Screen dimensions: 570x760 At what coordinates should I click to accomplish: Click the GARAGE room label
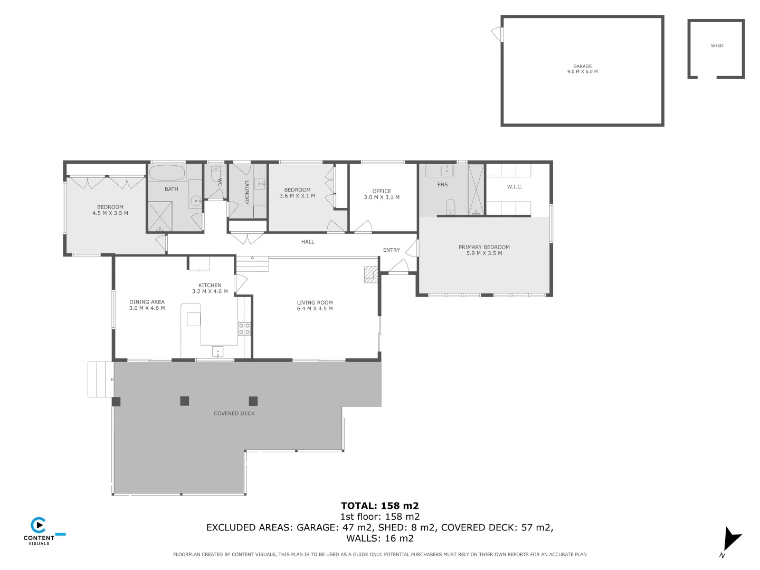coord(582,66)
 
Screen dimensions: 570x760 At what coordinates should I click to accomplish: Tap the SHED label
coord(717,45)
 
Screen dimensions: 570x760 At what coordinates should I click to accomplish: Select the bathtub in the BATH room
coord(166,173)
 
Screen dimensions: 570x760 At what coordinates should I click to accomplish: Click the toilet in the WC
coord(216,175)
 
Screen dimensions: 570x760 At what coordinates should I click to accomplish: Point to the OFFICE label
coord(382,191)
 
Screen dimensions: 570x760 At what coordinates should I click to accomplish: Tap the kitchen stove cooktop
coord(244,328)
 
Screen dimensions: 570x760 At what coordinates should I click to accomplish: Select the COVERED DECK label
coord(234,413)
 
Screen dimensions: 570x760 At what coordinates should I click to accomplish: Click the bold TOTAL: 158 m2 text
coord(379,506)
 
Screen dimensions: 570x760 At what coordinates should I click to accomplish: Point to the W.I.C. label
coord(515,187)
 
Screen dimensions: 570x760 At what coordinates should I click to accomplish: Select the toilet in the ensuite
coord(451,206)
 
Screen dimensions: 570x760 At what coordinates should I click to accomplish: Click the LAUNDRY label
coord(246,193)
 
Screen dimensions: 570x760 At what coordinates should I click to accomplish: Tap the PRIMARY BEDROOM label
coord(484,247)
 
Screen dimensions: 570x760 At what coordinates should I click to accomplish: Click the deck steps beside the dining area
coord(100,379)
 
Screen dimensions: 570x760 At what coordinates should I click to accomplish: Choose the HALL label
coord(308,242)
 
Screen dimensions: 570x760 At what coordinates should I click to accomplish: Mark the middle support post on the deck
coord(184,401)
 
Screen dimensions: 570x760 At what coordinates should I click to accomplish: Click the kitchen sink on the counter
coord(217,351)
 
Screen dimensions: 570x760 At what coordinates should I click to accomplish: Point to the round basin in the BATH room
coord(195,201)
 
